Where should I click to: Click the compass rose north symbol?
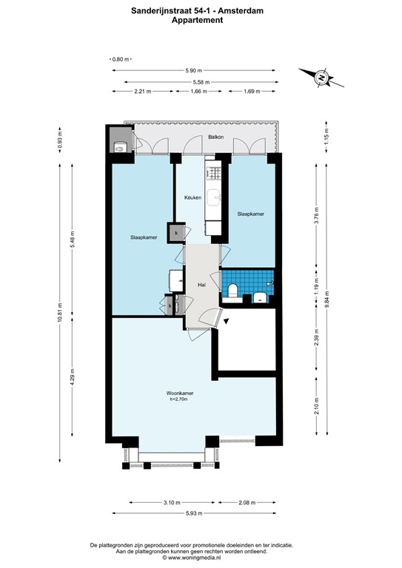[320, 76]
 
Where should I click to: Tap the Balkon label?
[215, 137]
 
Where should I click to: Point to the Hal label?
[201, 285]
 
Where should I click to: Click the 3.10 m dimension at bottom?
[170, 502]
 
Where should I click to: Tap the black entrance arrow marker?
[227, 319]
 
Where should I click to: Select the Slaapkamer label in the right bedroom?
[250, 214]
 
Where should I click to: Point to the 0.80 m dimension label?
[121, 59]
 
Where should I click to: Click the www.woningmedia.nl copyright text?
[201, 559]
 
